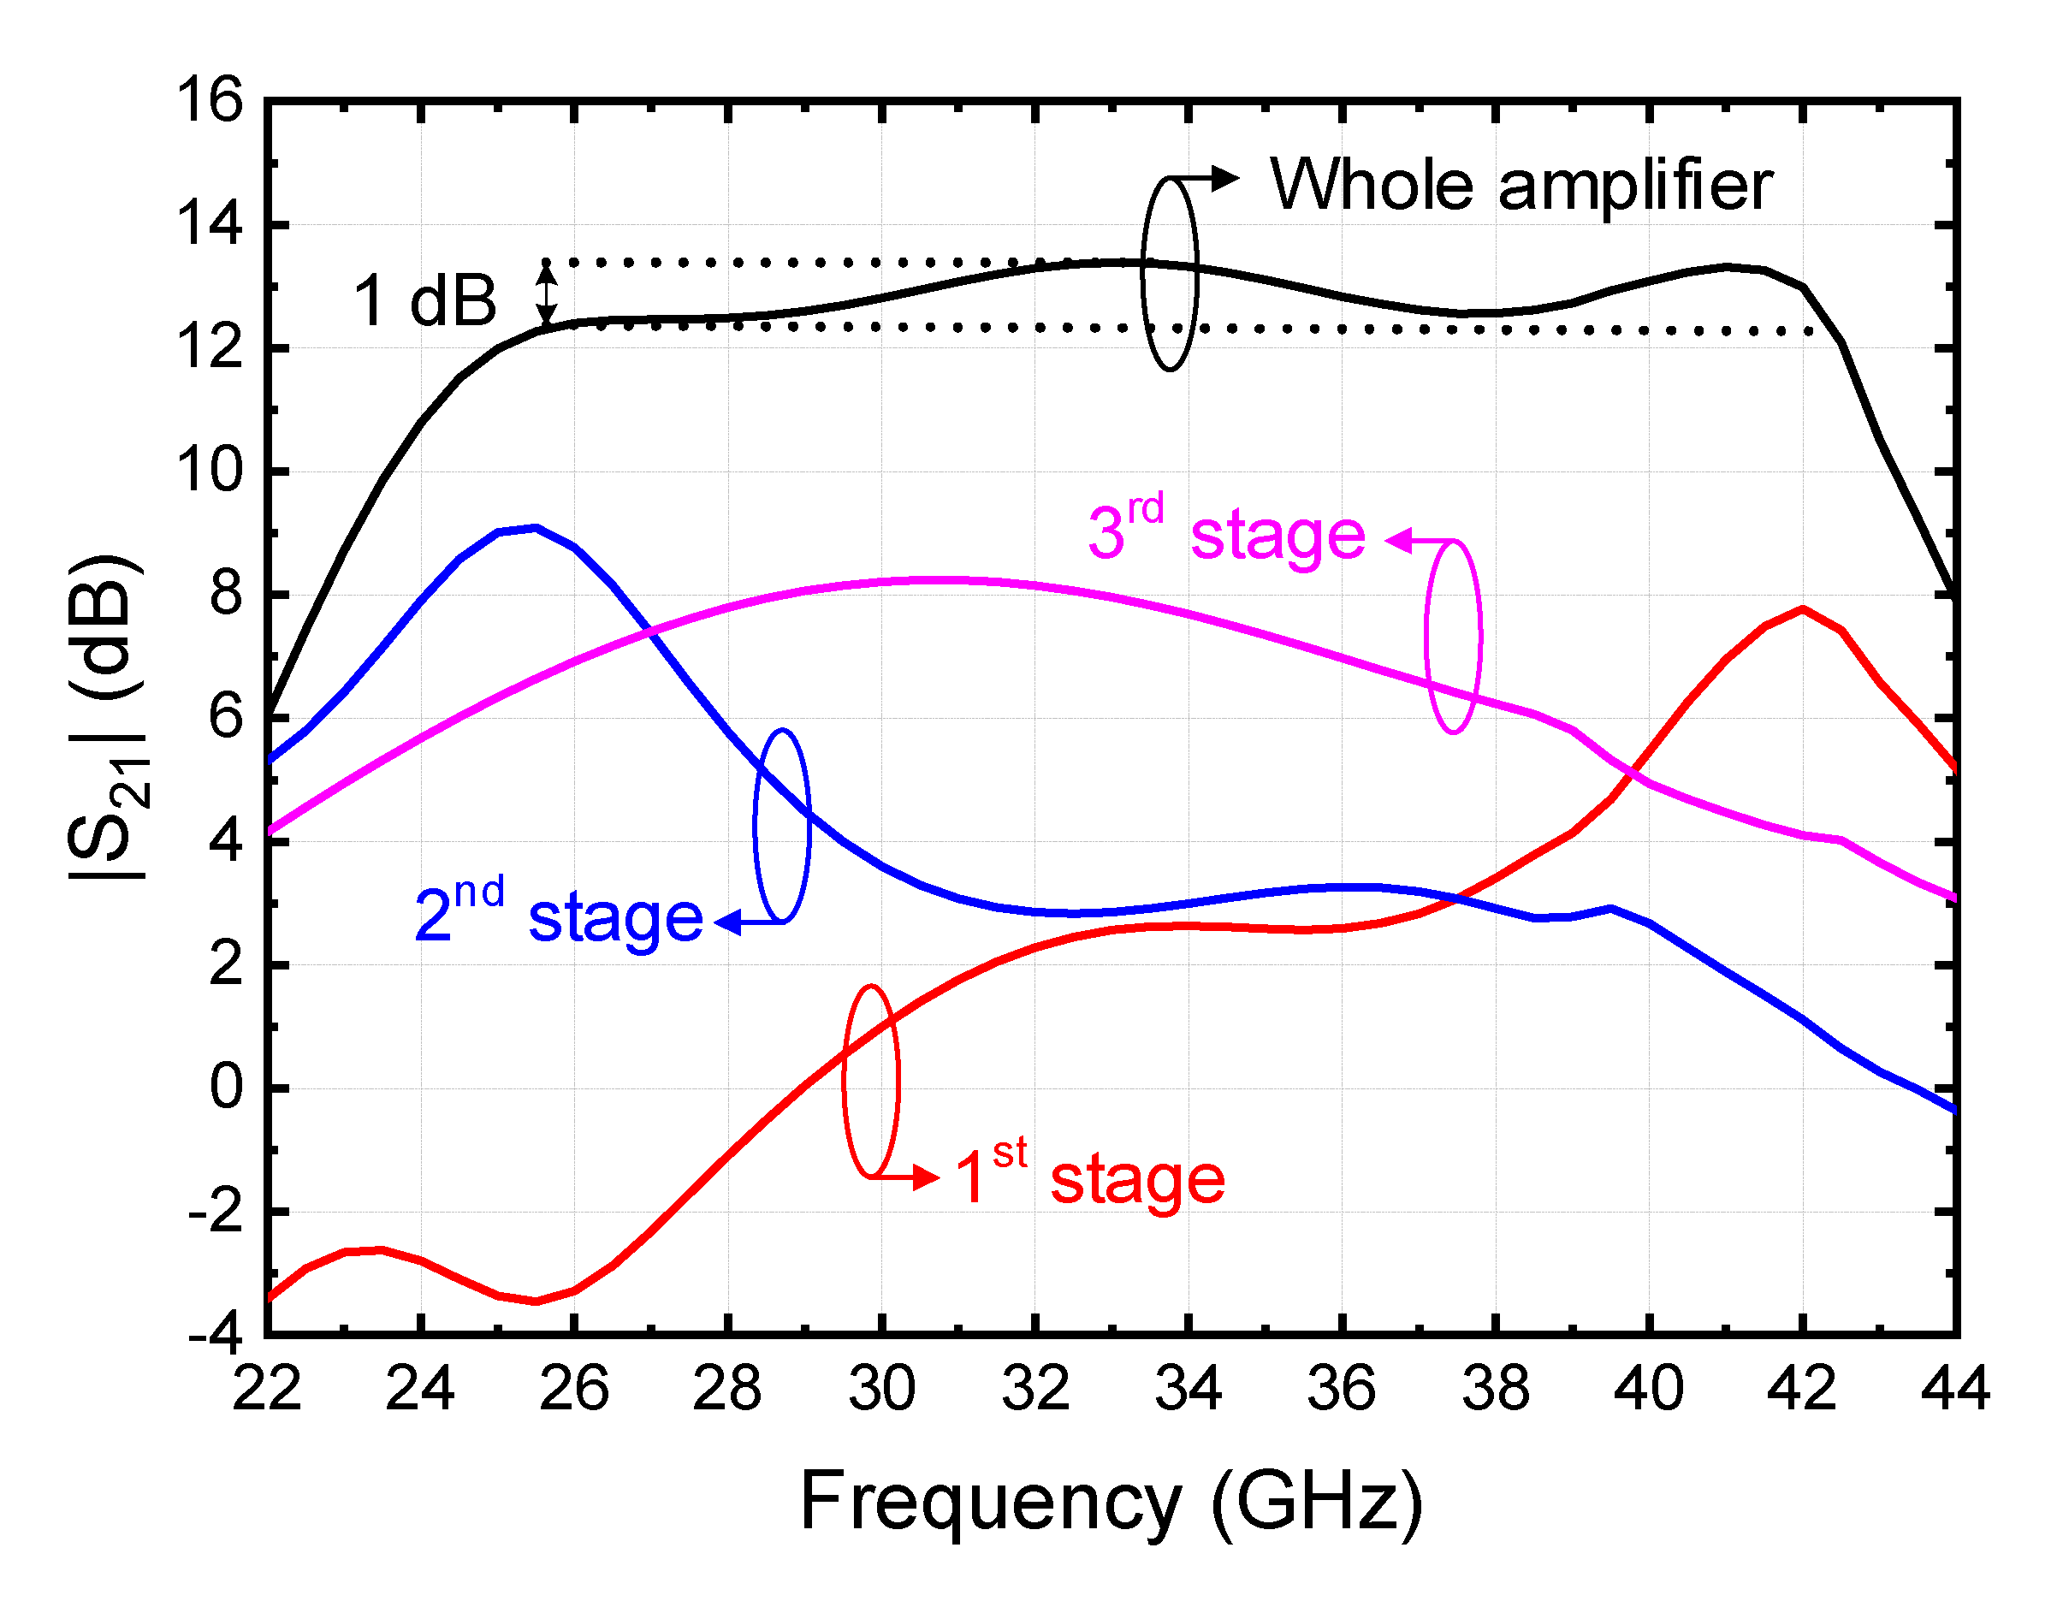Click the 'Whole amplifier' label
click(x=1521, y=185)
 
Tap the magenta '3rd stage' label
click(x=1226, y=531)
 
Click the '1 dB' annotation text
click(x=425, y=301)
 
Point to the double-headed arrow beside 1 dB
click(x=546, y=294)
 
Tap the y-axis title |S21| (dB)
click(x=107, y=718)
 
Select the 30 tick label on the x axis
click(x=881, y=1389)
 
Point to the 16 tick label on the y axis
click(x=210, y=100)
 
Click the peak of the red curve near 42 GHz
click(x=1803, y=609)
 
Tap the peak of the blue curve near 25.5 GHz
click(x=536, y=528)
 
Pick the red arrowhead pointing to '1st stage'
click(x=927, y=1177)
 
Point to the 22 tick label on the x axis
click(x=266, y=1389)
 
